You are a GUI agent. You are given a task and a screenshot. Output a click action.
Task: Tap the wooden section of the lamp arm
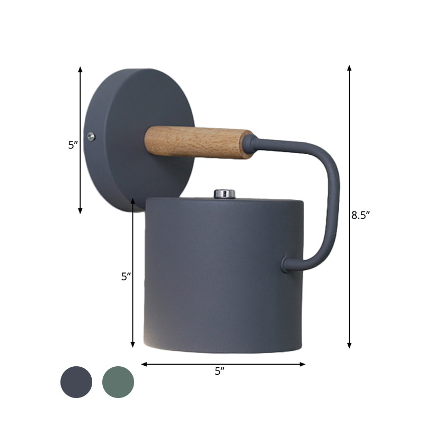tap(199, 142)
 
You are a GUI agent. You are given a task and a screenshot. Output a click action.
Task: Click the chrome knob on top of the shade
tap(224, 193)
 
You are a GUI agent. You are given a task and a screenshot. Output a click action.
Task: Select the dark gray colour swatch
tap(76, 382)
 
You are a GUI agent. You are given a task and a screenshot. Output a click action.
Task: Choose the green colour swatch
tap(118, 382)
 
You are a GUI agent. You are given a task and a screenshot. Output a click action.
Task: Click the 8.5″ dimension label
tap(360, 215)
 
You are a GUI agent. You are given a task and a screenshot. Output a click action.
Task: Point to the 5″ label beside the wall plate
tap(73, 145)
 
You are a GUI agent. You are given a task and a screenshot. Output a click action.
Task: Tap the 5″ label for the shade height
tap(126, 276)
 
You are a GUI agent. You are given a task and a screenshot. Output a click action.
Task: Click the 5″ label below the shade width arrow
tap(220, 372)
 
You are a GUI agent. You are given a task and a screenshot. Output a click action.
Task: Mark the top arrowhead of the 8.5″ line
tap(349, 68)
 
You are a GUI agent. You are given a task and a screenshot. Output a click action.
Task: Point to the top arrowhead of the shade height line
tap(133, 201)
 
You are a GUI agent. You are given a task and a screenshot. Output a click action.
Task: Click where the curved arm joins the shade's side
tap(286, 263)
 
